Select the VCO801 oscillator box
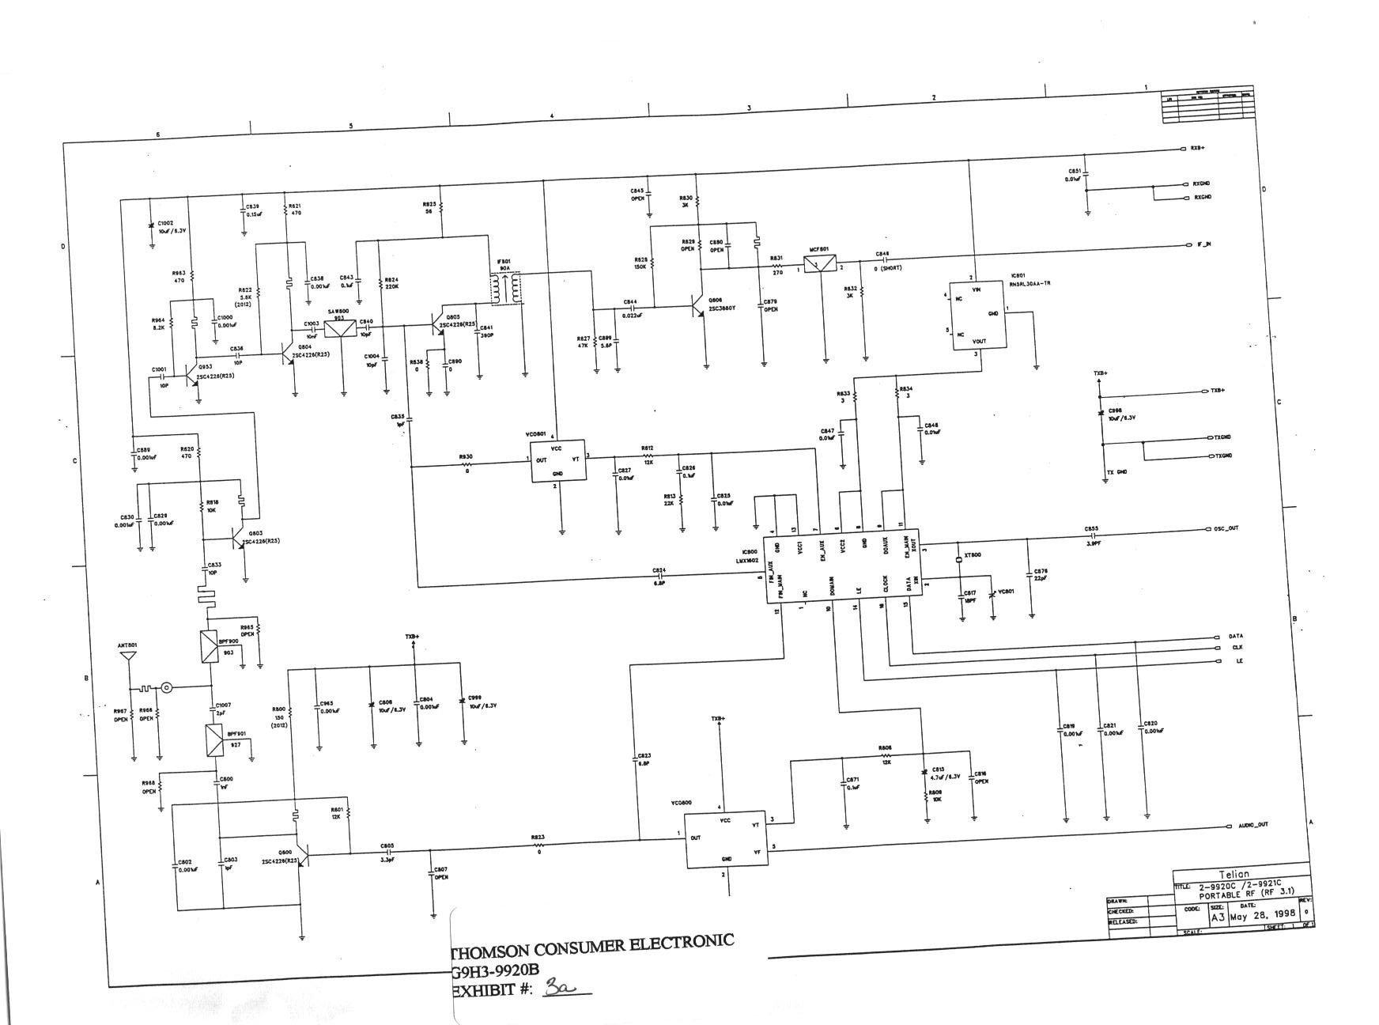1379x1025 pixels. click(557, 460)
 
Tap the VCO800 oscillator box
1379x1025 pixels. click(725, 839)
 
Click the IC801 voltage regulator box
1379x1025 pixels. click(977, 315)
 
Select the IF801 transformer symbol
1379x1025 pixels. click(505, 289)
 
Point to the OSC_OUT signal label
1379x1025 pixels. click(1226, 528)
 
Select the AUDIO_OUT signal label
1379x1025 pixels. click(1252, 824)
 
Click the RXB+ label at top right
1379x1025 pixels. click(1197, 148)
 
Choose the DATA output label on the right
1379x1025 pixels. click(1235, 636)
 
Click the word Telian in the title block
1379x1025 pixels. click(1234, 874)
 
